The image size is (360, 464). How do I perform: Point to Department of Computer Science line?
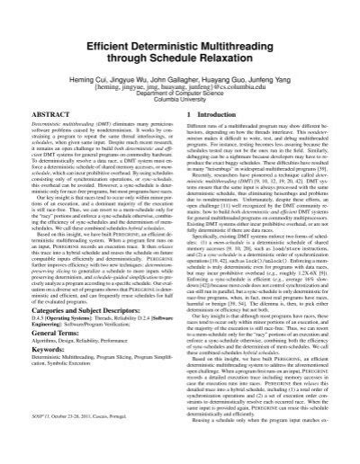point(180,96)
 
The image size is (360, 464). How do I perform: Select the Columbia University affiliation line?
point(180,104)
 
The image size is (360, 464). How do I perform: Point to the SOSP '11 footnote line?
point(85,447)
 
